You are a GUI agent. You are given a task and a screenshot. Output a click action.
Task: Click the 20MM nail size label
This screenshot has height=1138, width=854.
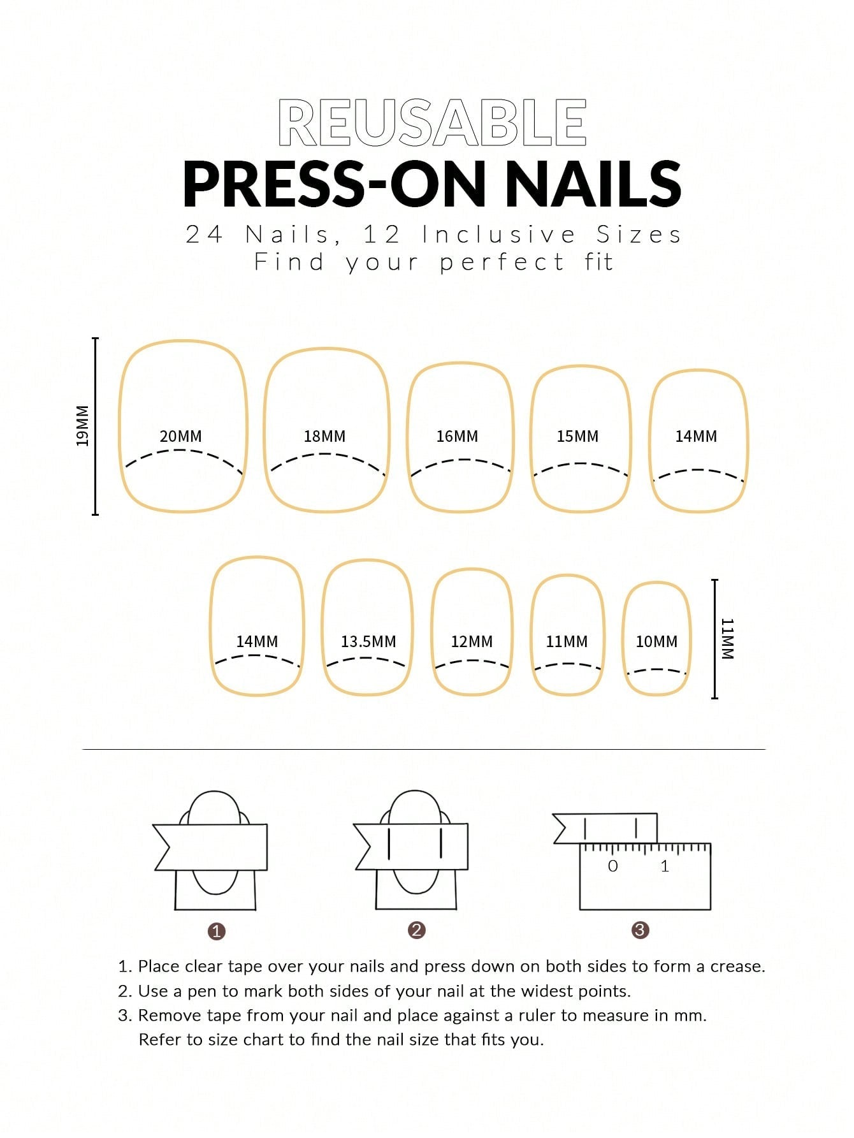pos(180,436)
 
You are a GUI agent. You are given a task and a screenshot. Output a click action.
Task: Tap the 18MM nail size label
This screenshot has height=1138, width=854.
pos(324,436)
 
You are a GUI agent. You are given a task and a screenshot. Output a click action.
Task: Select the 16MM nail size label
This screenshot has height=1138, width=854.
pos(457,436)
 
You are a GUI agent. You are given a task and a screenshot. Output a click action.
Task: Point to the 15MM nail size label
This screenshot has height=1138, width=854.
pos(577,436)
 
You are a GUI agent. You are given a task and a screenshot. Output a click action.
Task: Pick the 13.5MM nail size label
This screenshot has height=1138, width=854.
pos(368,641)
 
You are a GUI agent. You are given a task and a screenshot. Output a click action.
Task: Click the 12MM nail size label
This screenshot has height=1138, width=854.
pos(472,641)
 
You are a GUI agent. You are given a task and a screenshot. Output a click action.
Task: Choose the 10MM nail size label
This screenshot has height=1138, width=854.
pos(656,641)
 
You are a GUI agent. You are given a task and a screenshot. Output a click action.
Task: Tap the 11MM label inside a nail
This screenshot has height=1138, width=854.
pos(567,641)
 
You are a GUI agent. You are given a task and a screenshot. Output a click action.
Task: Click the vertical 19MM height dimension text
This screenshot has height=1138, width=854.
pos(82,426)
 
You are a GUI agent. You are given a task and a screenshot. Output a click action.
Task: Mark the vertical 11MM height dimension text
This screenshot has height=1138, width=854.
pos(727,638)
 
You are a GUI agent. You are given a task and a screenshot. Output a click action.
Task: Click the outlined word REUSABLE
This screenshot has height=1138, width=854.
pos(433,122)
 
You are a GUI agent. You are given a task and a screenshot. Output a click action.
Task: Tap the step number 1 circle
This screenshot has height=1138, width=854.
pos(217,931)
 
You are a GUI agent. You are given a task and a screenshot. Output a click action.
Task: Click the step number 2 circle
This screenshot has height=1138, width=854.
pos(416,930)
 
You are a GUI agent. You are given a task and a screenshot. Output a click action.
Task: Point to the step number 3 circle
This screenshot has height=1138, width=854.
pos(640,930)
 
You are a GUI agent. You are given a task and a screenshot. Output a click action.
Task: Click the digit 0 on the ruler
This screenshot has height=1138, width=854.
pos(612,866)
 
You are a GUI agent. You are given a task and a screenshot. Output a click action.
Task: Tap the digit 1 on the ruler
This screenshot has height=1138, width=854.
pos(665,866)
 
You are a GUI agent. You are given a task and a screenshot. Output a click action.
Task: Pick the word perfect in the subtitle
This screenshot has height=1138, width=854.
pos(502,262)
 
